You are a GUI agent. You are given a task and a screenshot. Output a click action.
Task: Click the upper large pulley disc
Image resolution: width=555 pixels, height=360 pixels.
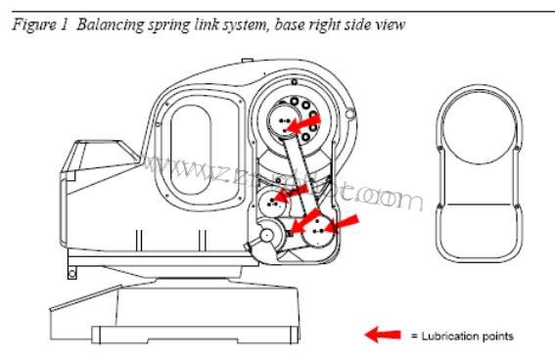284,121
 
